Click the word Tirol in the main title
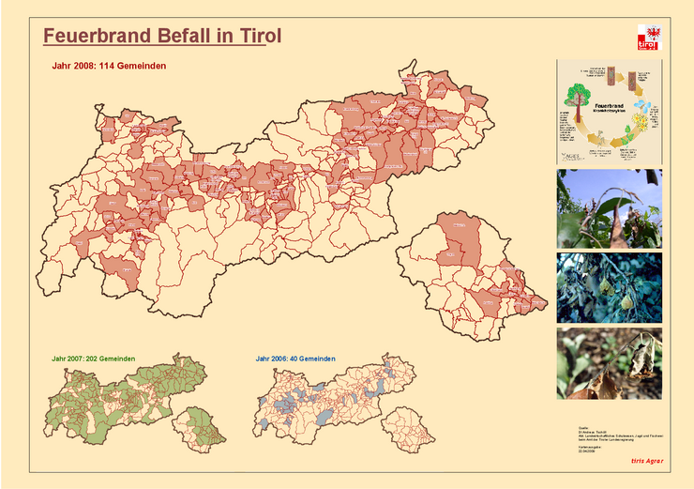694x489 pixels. [258, 36]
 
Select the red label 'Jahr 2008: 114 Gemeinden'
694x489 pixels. [110, 66]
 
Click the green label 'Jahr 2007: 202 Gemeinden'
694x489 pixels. [94, 359]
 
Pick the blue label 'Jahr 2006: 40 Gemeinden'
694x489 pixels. [295, 359]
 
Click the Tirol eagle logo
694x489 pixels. [648, 38]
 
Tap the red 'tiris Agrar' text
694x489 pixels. [646, 461]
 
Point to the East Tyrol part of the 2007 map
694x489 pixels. [201, 426]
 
